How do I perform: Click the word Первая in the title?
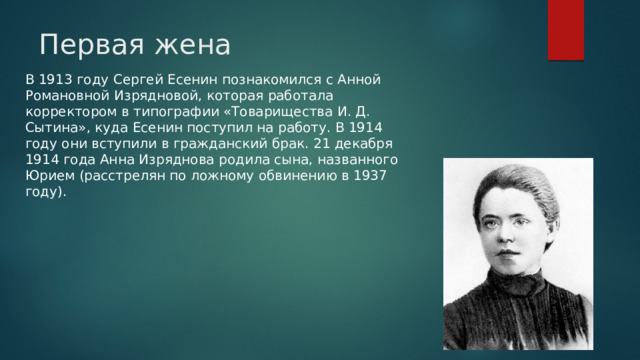pos(84,45)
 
